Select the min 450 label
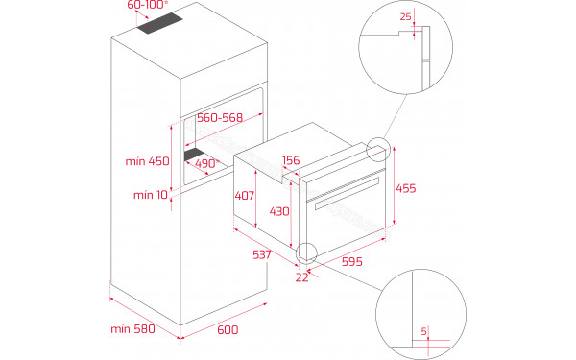(149, 161)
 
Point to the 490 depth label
(207, 163)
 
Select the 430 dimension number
(279, 210)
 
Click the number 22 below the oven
(303, 277)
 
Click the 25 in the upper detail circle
(405, 16)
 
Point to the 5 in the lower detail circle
(424, 333)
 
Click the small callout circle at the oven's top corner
(377, 149)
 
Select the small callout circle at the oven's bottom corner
(308, 253)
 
